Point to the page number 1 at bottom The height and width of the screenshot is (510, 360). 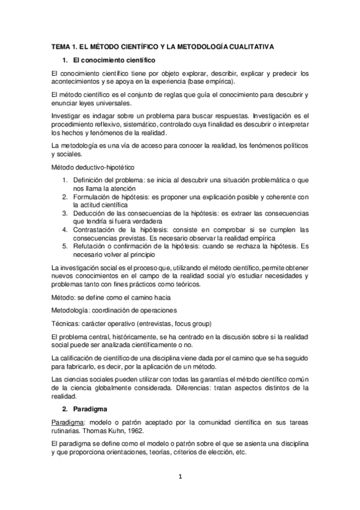coord(180,478)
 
